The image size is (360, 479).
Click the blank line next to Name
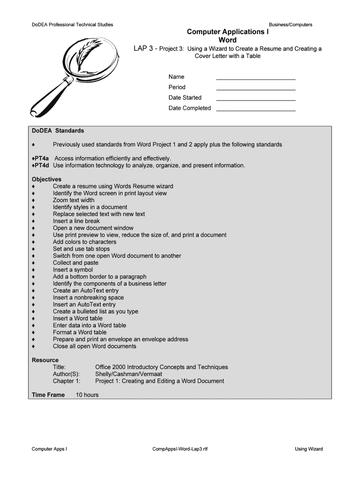[x=256, y=79]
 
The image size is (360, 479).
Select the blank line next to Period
[x=256, y=89]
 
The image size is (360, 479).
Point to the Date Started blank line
[x=256, y=100]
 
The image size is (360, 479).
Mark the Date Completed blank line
[x=256, y=110]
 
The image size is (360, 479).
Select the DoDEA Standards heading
[x=58, y=131]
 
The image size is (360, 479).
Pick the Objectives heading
[x=46, y=179]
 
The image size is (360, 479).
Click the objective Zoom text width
[x=73, y=200]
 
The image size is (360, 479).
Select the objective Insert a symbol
[x=72, y=270]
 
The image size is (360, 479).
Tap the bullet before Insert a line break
[x=33, y=221]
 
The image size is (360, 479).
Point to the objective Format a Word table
[x=79, y=333]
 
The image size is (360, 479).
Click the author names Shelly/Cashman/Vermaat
[x=129, y=374]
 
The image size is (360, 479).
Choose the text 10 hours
[x=87, y=395]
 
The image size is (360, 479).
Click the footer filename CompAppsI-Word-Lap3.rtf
[x=180, y=449]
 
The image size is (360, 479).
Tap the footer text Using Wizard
[x=309, y=449]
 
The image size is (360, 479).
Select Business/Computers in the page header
[x=290, y=25]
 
